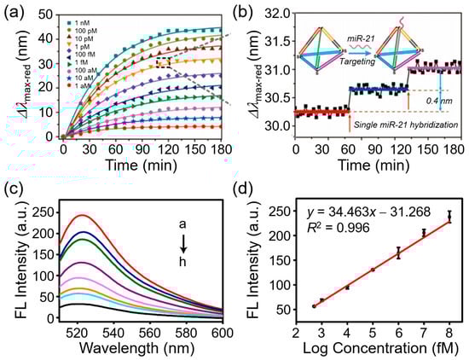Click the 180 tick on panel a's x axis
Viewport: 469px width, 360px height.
220,148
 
